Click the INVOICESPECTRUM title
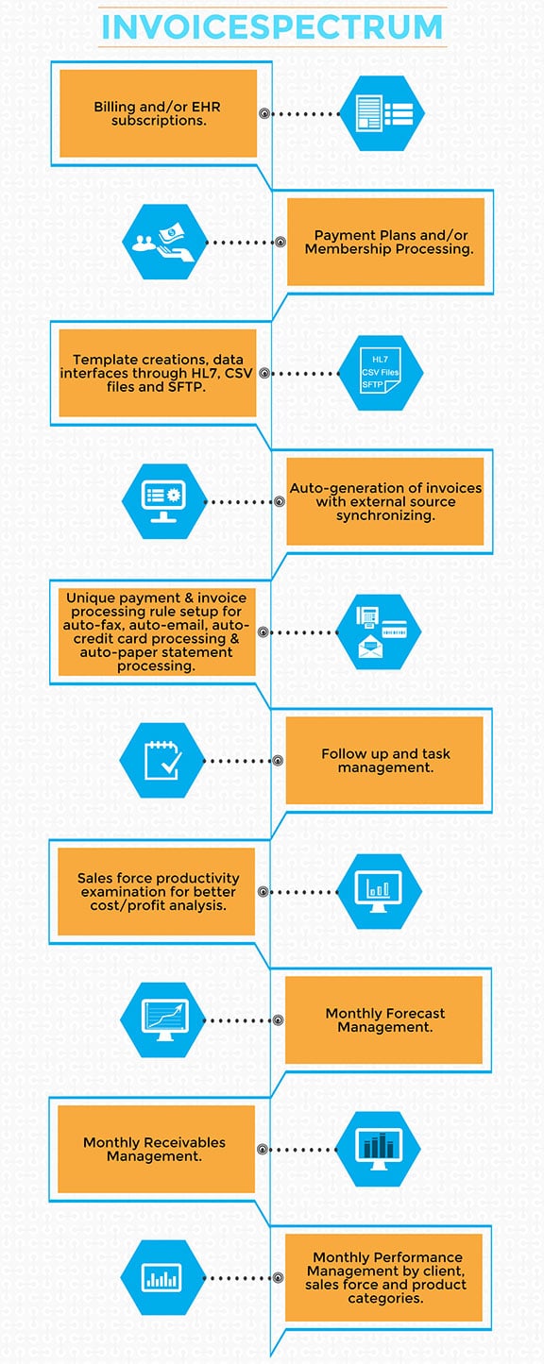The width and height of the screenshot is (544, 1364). [272, 26]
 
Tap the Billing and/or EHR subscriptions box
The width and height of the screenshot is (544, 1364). [158, 113]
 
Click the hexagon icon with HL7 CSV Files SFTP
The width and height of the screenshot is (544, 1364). [380, 372]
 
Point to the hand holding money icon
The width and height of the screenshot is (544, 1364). [163, 242]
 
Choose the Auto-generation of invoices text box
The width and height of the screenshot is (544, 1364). [385, 501]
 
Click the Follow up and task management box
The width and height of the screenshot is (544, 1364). [384, 760]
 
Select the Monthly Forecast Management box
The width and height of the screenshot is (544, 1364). [384, 1019]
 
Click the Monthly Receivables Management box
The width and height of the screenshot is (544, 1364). [157, 1149]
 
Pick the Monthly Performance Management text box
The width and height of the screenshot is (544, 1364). [384, 1277]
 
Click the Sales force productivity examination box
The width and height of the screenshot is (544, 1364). [157, 891]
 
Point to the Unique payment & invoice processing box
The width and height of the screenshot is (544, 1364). [157, 631]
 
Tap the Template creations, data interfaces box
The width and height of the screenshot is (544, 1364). [158, 373]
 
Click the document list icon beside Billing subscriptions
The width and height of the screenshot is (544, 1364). [382, 113]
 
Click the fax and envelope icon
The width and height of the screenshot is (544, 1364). [379, 631]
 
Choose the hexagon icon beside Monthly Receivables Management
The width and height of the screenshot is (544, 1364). [379, 1149]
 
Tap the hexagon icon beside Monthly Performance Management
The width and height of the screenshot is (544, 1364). [162, 1278]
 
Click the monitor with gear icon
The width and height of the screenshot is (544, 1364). [163, 501]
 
